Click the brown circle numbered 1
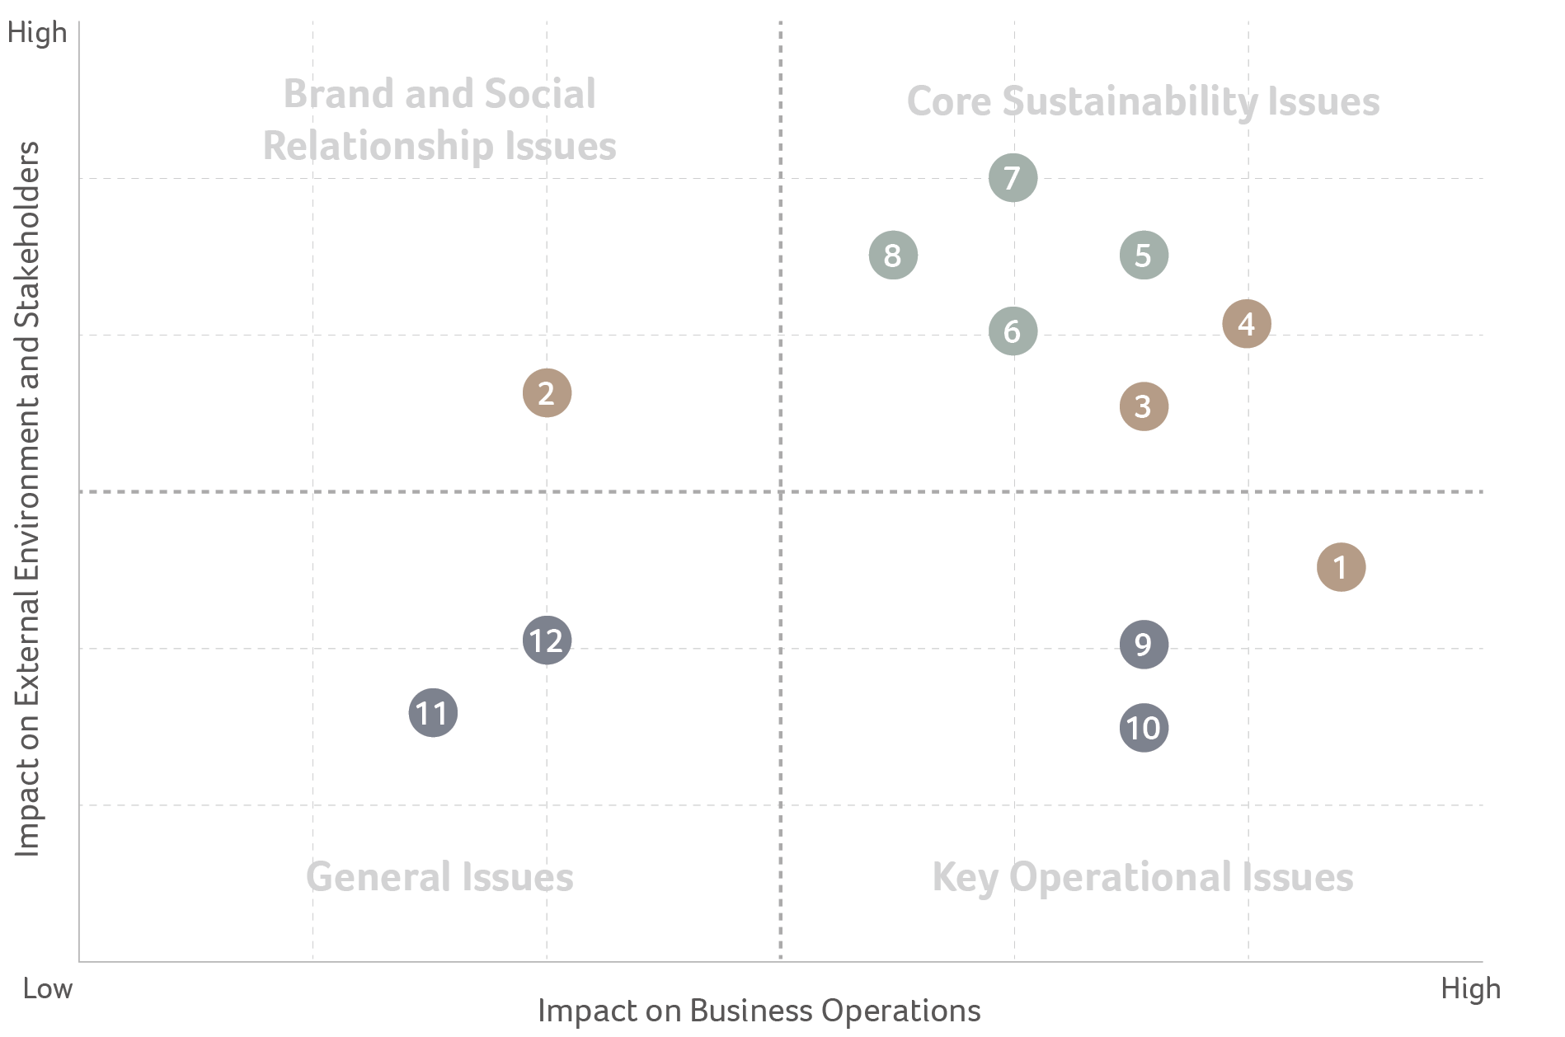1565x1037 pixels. click(x=1341, y=567)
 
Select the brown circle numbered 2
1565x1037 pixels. click(x=547, y=393)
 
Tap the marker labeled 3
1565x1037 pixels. click(x=1144, y=406)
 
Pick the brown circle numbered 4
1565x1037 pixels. click(x=1246, y=324)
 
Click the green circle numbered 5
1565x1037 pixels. click(x=1144, y=256)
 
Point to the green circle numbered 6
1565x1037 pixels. click(x=1013, y=331)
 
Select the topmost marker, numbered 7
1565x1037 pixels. click(x=1013, y=178)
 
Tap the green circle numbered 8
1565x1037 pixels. click(x=893, y=256)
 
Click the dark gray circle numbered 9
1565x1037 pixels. click(x=1144, y=645)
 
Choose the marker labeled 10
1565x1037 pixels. click(x=1144, y=728)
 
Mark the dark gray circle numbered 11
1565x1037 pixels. click(x=433, y=713)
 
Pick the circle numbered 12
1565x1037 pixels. click(x=547, y=640)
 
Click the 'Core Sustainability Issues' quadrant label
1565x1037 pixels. click(x=1143, y=102)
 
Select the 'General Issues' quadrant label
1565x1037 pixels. click(x=439, y=877)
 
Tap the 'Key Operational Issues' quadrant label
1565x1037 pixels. click(x=1143, y=877)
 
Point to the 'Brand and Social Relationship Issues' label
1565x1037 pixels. click(x=439, y=120)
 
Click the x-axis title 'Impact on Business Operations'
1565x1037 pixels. click(x=759, y=1011)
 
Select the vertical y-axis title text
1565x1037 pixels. click(x=27, y=499)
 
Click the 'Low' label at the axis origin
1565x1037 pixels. click(x=48, y=988)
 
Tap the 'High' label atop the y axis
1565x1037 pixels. click(x=37, y=33)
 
